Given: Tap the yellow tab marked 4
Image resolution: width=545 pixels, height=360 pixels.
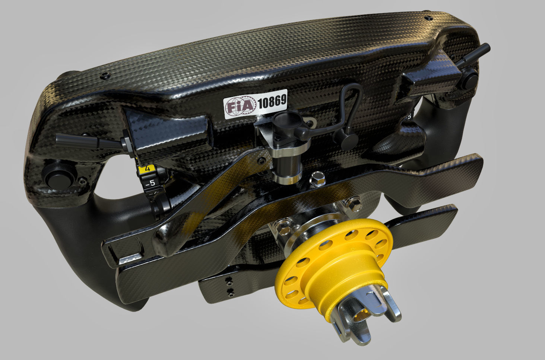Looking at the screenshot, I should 148,169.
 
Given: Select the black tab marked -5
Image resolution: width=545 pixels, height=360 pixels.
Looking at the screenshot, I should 150,183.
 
